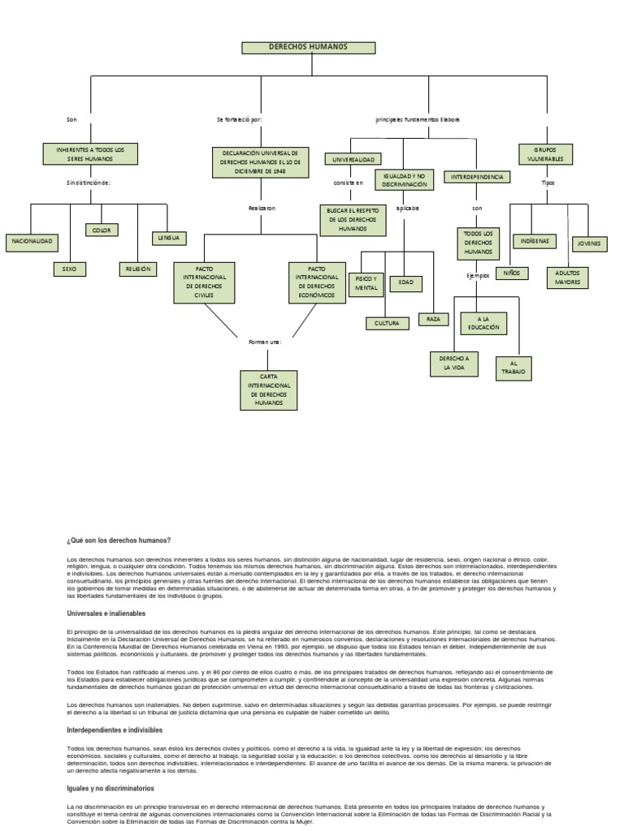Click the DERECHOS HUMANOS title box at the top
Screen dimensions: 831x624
click(x=309, y=47)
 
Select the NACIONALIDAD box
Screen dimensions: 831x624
click(x=31, y=242)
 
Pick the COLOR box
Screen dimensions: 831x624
click(x=102, y=230)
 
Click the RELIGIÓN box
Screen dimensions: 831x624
click(x=137, y=269)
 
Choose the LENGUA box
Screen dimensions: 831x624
click(x=169, y=239)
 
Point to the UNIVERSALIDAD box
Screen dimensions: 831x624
click(x=352, y=159)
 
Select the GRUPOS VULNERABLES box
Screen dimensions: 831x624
click(x=546, y=154)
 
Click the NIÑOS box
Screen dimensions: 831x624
click(x=512, y=273)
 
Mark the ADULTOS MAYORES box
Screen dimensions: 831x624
click(x=567, y=278)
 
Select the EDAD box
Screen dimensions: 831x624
click(x=405, y=282)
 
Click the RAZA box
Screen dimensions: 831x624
click(x=433, y=319)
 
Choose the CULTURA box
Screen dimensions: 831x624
click(x=387, y=324)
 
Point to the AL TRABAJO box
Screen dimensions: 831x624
click(x=513, y=368)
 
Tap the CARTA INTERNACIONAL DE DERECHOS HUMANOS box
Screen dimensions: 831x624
click(x=268, y=390)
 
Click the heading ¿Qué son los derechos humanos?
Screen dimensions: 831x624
click(x=119, y=540)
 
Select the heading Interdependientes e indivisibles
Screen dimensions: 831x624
click(x=115, y=730)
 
